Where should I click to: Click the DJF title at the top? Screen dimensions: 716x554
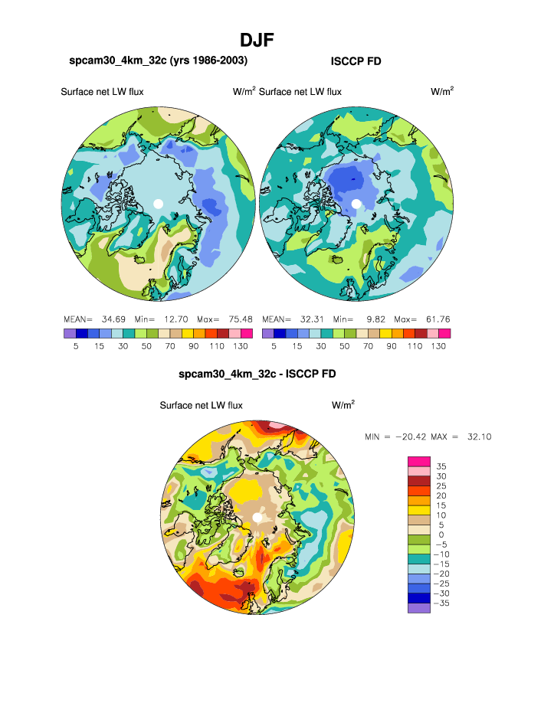[x=257, y=40]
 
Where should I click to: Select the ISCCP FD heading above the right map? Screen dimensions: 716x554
[x=356, y=61]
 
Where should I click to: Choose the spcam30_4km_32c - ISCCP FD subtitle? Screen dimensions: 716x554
[x=257, y=374]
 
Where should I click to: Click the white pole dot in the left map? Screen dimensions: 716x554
[x=158, y=204]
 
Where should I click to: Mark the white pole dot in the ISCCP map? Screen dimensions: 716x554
[x=356, y=204]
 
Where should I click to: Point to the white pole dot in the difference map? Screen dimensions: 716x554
[x=257, y=518]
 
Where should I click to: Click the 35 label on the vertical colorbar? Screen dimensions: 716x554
[x=441, y=466]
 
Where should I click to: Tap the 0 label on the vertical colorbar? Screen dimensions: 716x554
[x=440, y=535]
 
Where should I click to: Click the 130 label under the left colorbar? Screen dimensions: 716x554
[x=240, y=346]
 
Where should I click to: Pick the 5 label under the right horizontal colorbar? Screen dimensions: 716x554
[x=274, y=346]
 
